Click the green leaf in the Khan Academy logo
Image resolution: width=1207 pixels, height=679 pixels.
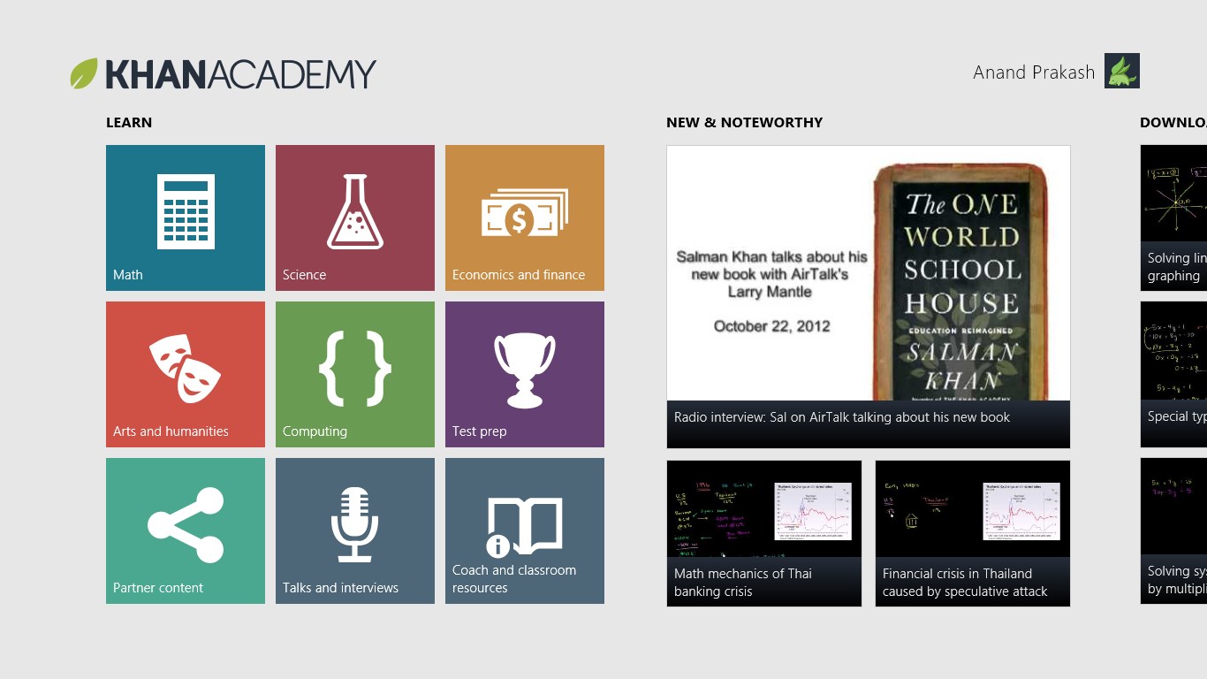84,73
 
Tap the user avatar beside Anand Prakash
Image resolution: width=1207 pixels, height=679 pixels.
1121,71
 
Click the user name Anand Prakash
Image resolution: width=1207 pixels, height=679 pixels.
1034,72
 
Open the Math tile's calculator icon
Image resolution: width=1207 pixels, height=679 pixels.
186,211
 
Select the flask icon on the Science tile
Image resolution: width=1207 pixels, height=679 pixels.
355,211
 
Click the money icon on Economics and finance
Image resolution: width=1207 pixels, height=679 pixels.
524,213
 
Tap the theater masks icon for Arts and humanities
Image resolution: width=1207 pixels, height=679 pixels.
185,368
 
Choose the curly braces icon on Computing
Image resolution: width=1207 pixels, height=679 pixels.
355,368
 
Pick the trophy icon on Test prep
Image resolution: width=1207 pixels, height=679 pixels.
525,370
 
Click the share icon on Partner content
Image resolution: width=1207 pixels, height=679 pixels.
186,525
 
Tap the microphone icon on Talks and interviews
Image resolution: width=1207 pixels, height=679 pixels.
355,524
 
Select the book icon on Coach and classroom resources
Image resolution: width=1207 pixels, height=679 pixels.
524,527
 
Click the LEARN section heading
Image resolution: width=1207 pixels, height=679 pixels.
129,123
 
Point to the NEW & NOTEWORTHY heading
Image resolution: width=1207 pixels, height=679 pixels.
744,123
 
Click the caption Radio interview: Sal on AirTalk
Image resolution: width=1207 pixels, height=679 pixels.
841,417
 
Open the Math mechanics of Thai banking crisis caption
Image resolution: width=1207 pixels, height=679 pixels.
742,583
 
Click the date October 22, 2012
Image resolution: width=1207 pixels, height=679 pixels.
772,326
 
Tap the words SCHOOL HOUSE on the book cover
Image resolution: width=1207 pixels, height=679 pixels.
962,286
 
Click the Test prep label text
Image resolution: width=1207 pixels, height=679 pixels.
479,431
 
